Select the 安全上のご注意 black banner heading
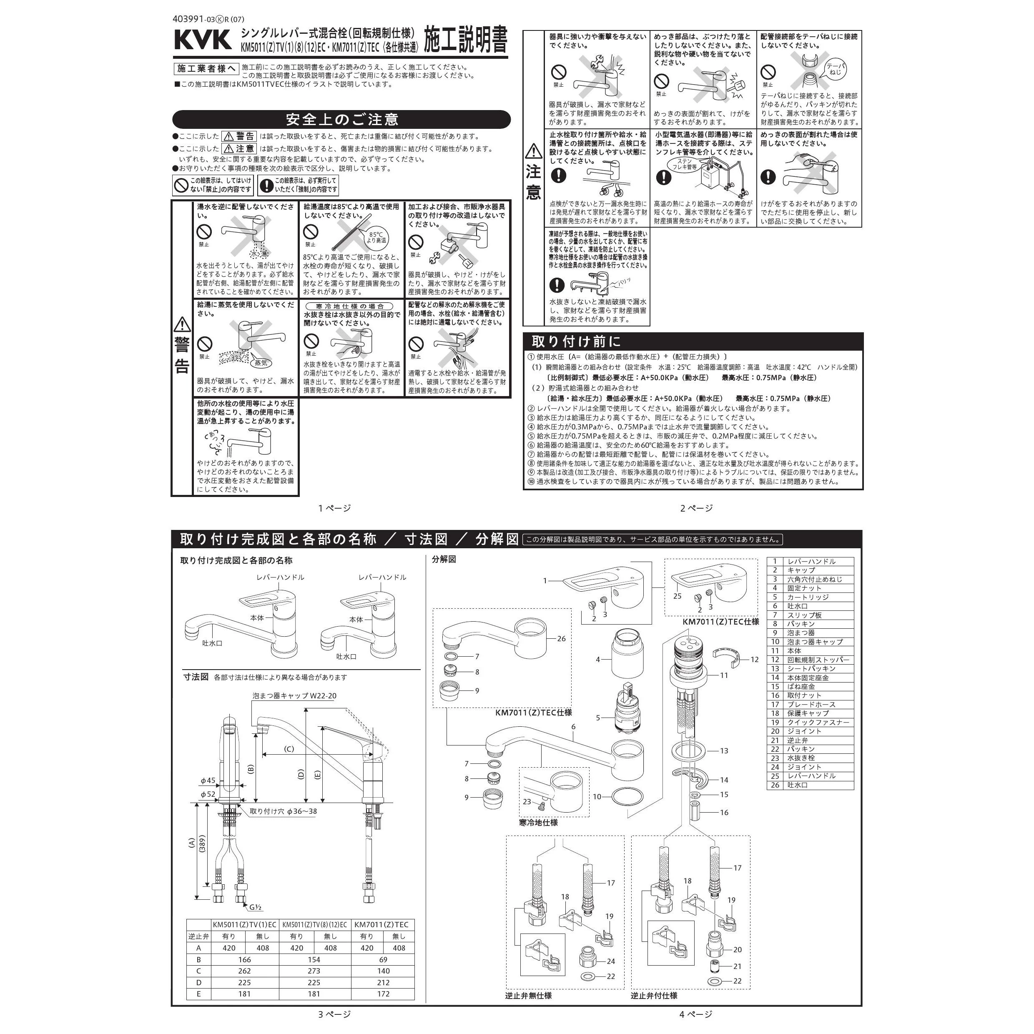(341, 119)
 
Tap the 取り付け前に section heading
(575, 341)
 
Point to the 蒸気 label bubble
(261, 363)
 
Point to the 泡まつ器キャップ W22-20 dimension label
(294, 696)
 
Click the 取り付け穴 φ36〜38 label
(283, 811)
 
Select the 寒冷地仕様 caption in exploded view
(538, 823)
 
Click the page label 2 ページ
(696, 508)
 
